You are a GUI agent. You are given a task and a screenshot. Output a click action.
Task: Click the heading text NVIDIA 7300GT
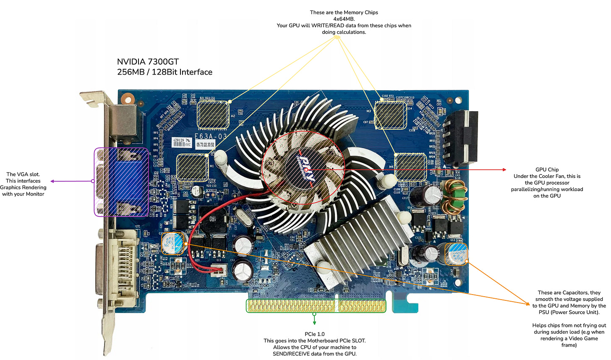[148, 62]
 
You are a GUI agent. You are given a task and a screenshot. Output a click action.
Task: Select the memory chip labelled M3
[391, 114]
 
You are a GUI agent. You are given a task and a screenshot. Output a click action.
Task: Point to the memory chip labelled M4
[410, 167]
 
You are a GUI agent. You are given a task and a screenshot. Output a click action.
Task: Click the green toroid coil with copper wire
[451, 196]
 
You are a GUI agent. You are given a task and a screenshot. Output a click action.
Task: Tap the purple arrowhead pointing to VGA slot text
[53, 181]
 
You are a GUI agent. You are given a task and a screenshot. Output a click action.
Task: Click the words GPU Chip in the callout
[547, 170]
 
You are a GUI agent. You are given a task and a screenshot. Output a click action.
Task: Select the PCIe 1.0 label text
[314, 334]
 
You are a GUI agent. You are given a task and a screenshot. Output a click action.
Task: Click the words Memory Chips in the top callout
[360, 13]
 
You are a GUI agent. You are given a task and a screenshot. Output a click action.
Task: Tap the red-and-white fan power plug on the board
[217, 271]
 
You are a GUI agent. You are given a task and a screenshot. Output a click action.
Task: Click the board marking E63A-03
[210, 136]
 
